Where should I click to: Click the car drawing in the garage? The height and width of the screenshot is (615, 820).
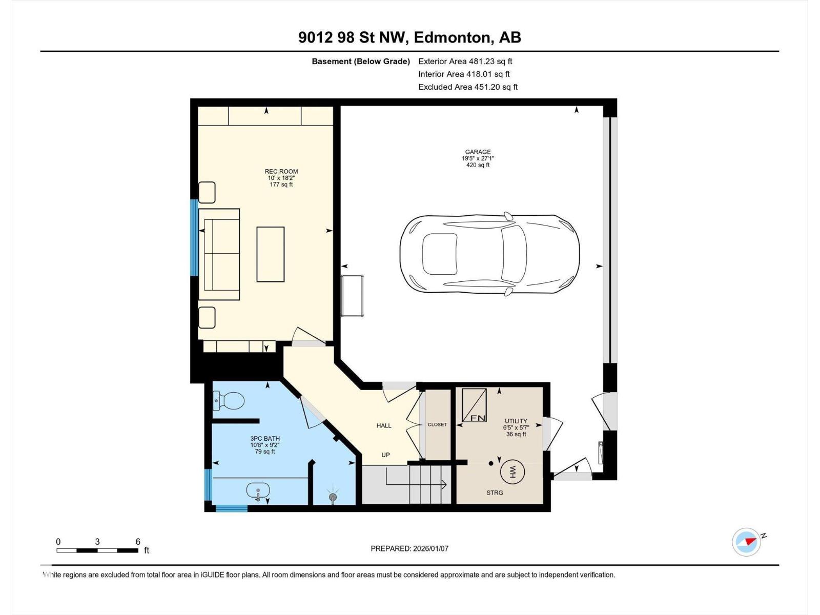point(489,254)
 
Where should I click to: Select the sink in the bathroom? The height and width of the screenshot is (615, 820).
point(258,491)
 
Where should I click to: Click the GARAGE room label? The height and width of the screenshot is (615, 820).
point(478,152)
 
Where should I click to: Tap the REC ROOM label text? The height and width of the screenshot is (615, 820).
point(281,172)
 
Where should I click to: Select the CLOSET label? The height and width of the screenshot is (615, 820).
point(437,424)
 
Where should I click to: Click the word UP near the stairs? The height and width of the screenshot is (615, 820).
point(385,455)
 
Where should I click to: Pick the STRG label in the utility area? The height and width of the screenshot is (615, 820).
point(495,493)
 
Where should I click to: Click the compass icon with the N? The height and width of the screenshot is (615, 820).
point(746,542)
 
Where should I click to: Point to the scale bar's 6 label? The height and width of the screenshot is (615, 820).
point(138,542)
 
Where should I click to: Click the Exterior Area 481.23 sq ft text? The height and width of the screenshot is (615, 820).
point(465,61)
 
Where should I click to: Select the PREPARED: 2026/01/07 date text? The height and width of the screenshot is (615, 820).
point(409,548)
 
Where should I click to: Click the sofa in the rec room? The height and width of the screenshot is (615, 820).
point(219,254)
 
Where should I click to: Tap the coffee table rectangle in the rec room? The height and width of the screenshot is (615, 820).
point(271,254)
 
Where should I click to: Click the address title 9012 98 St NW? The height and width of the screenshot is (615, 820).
point(409,37)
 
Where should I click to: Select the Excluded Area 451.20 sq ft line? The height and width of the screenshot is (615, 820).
point(467,87)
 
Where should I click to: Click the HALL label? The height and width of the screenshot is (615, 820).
point(384,425)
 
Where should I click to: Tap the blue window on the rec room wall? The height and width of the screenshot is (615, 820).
point(194,238)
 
